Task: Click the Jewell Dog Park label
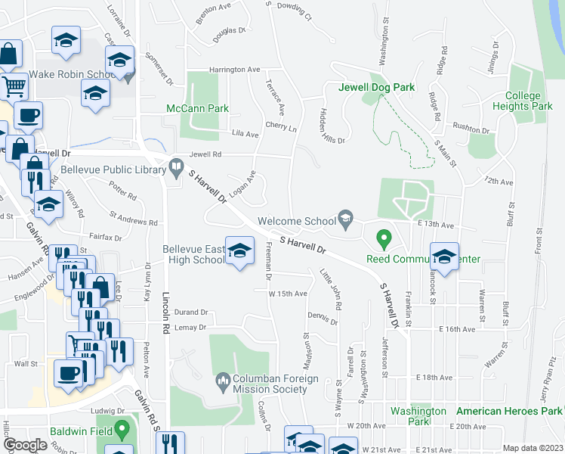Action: click(x=377, y=88)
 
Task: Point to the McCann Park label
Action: click(x=197, y=109)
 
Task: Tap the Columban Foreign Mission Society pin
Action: click(x=223, y=379)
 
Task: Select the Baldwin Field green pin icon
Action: click(x=121, y=431)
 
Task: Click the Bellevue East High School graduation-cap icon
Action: click(x=239, y=251)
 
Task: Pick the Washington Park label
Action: click(x=418, y=415)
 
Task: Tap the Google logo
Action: click(x=25, y=444)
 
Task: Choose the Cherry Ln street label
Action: click(x=280, y=128)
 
